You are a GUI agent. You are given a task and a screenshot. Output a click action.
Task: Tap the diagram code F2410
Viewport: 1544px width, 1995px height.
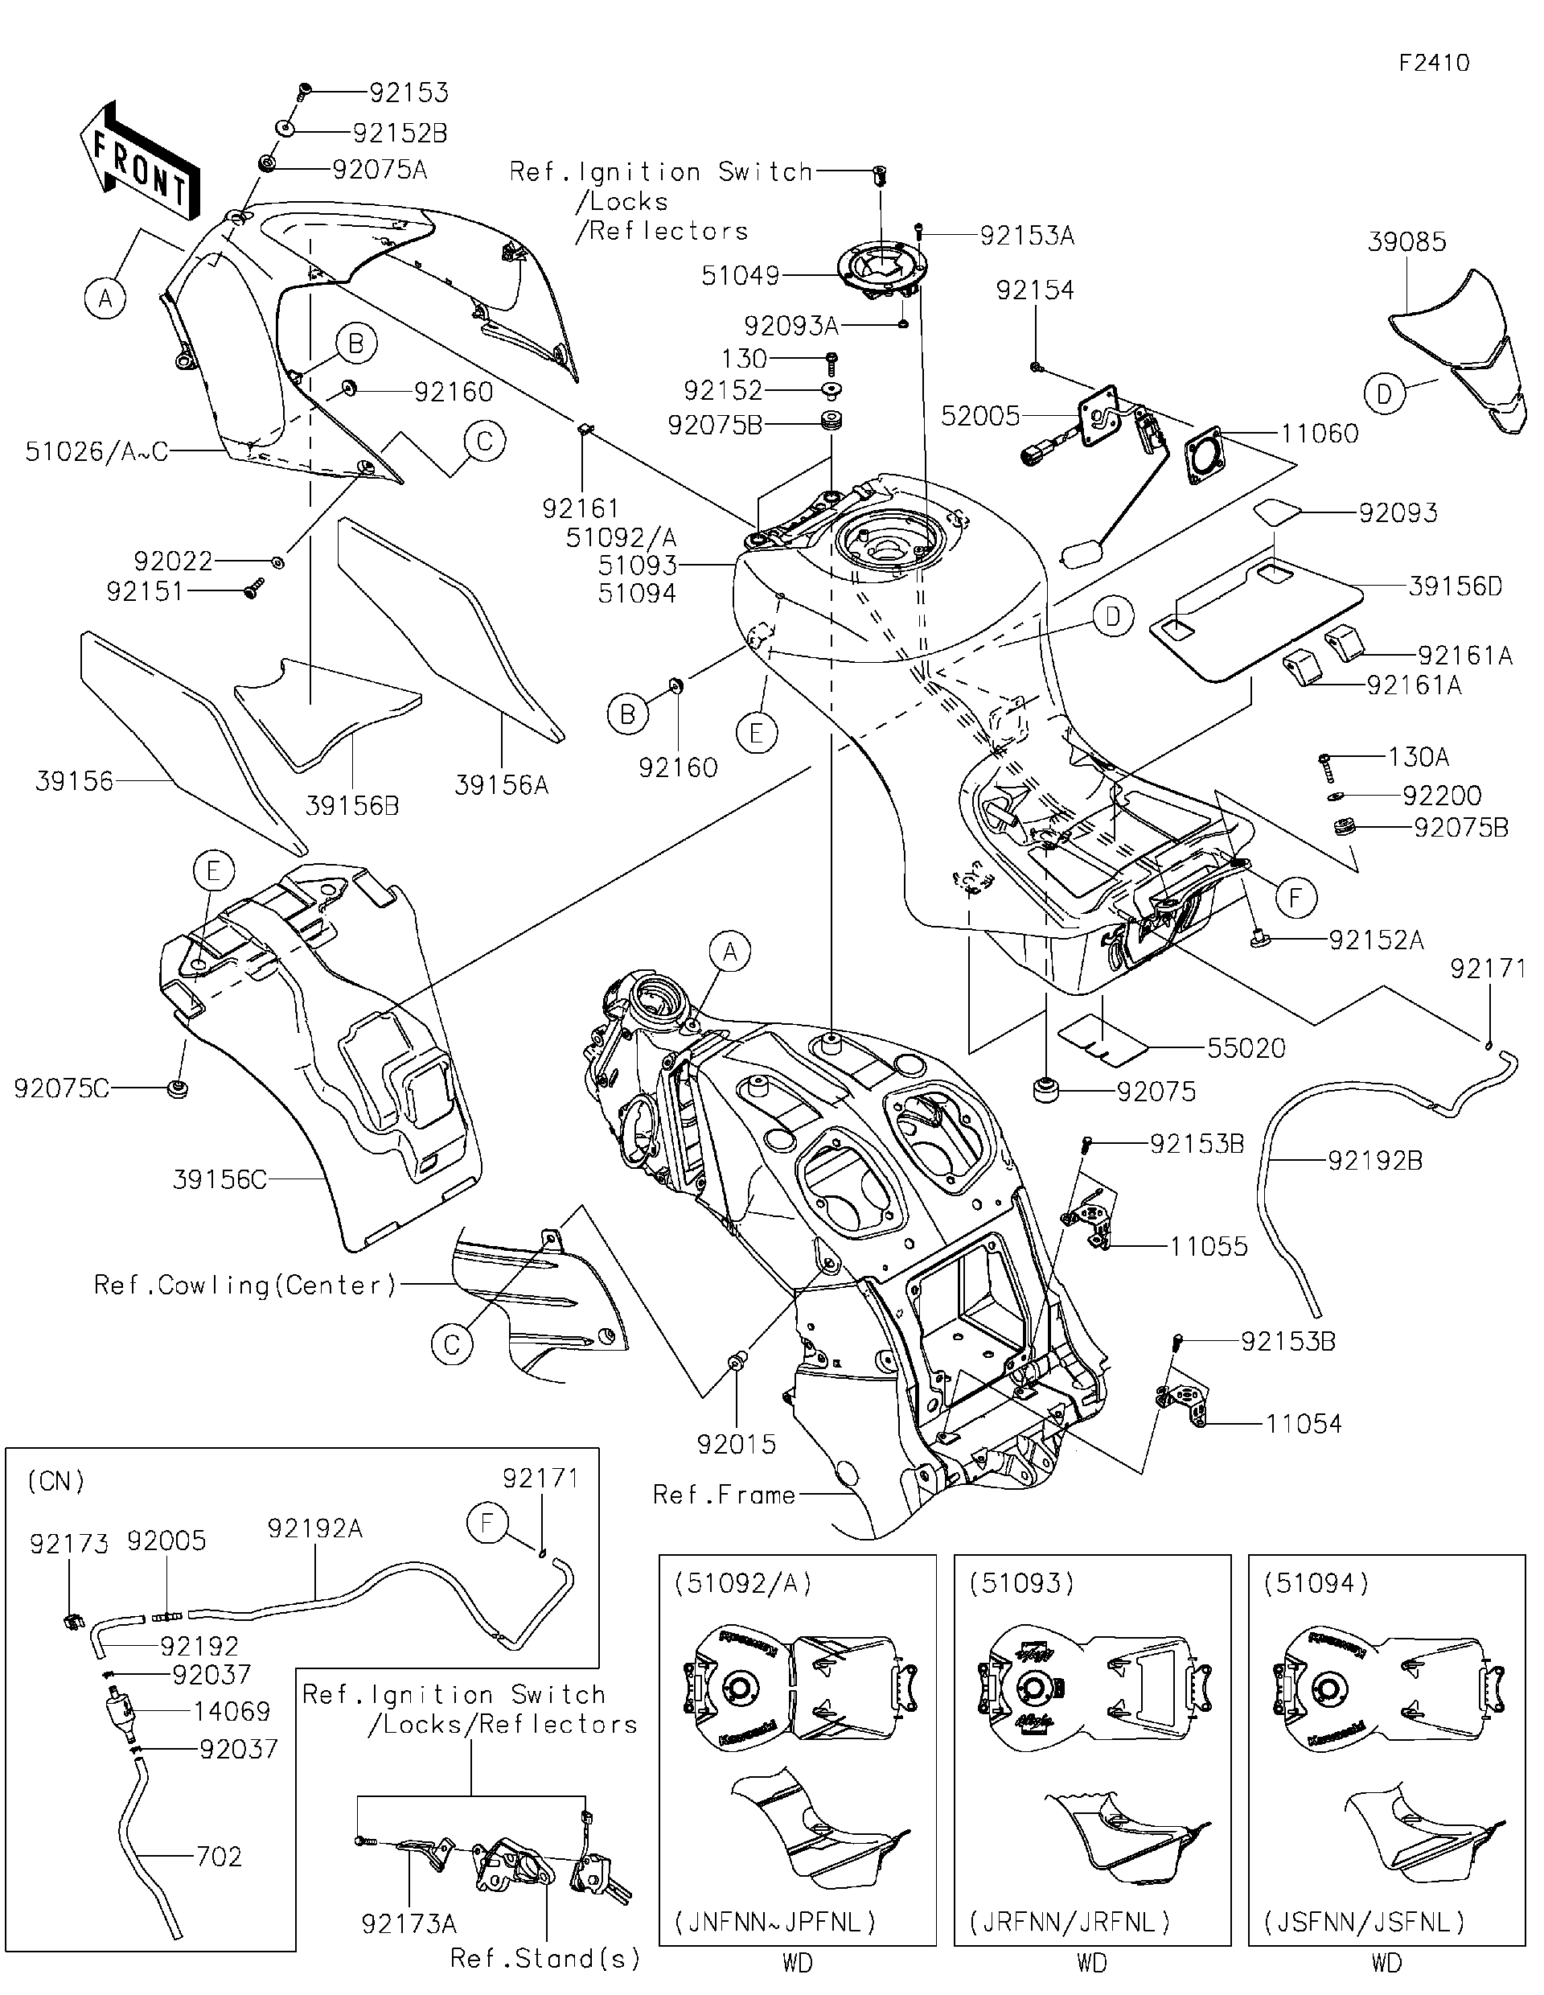coord(1434,63)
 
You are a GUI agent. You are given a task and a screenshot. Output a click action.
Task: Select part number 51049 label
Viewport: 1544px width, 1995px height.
coord(740,276)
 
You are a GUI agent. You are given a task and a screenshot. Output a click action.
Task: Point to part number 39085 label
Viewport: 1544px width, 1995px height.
coord(1407,242)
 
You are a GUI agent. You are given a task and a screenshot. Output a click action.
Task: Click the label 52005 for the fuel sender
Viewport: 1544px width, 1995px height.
coord(979,416)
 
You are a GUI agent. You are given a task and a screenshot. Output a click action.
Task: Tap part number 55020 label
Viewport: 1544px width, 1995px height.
coord(1246,1049)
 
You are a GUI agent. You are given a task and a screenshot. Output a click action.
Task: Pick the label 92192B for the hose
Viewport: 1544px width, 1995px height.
coord(1374,1160)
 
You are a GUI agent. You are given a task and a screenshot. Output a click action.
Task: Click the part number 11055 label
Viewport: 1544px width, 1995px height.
coord(1208,1246)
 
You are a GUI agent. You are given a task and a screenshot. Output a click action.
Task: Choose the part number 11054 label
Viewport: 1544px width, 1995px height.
coord(1303,1423)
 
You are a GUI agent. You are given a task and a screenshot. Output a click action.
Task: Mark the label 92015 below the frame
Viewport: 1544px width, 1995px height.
coord(736,1444)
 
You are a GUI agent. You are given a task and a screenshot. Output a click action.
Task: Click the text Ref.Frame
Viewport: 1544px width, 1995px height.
coord(724,1495)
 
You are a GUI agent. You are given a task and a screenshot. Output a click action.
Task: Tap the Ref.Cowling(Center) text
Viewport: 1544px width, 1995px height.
coord(245,1285)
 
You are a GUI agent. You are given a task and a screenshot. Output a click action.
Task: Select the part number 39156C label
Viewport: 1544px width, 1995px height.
coord(220,1179)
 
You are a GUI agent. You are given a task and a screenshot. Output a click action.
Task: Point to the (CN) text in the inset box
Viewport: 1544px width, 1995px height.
coord(56,1481)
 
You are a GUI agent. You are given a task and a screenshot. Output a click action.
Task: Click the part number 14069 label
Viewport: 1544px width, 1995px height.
coord(231,1711)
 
